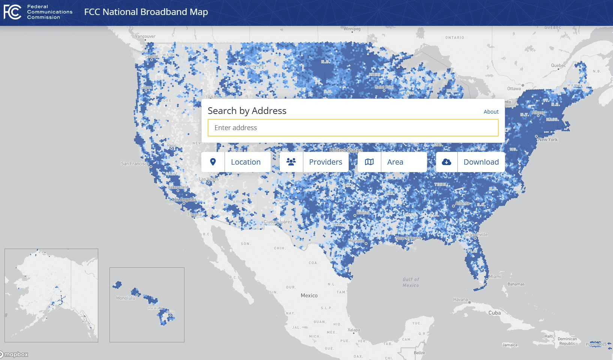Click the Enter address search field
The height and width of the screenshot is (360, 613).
point(352,128)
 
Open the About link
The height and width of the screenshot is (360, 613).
point(491,112)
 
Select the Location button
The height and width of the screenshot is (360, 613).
point(236,162)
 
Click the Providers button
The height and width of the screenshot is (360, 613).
point(314,162)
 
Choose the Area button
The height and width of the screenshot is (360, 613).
point(392,162)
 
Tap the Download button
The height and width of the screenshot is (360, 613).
point(471,162)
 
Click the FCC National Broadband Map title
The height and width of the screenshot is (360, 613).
point(146,12)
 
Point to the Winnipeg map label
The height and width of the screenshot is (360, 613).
point(352,29)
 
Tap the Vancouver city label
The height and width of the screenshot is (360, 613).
point(145,36)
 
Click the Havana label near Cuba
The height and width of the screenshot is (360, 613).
point(460,300)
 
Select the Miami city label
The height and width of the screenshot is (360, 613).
point(495,277)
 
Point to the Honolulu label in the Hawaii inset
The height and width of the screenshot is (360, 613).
point(126,298)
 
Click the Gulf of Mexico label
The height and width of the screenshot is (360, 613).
point(411,282)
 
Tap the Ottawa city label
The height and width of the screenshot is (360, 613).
point(514,89)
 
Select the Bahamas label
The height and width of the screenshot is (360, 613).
point(516,284)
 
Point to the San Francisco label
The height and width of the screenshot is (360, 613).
point(135,164)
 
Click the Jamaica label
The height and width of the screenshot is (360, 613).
point(510,345)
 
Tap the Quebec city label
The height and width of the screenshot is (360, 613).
point(558,66)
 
